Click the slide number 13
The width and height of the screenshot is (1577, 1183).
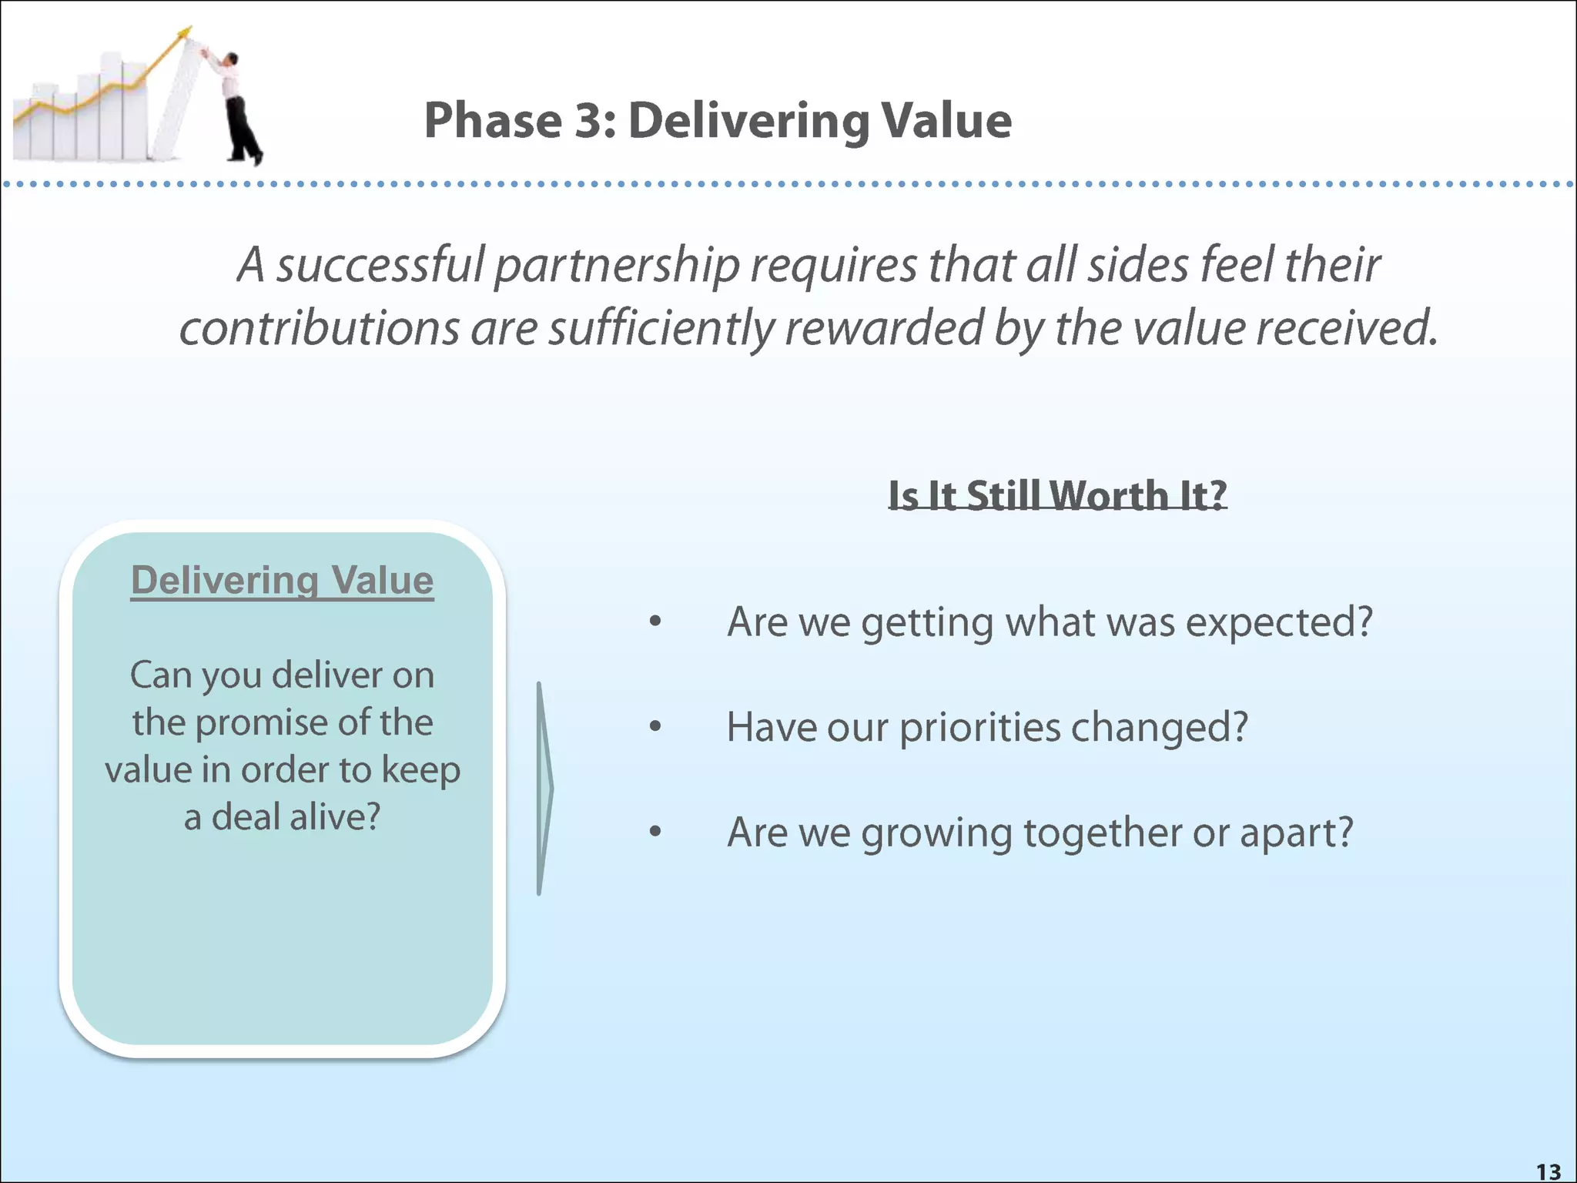[x=1549, y=1171]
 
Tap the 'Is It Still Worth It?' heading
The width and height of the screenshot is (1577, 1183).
[x=1056, y=494]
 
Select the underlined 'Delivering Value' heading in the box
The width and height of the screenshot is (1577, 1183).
[x=282, y=580]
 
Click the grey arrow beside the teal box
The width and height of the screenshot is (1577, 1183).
[x=544, y=788]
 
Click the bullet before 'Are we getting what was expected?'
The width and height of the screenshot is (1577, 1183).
[x=655, y=622]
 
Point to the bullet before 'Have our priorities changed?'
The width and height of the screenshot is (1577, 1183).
[x=655, y=726]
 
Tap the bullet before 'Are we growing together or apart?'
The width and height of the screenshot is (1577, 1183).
[x=655, y=831]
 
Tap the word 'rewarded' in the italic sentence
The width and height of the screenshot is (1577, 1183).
[x=883, y=328]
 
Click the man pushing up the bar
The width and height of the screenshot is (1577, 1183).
[x=237, y=108]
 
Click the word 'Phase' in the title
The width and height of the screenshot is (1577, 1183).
[x=493, y=121]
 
